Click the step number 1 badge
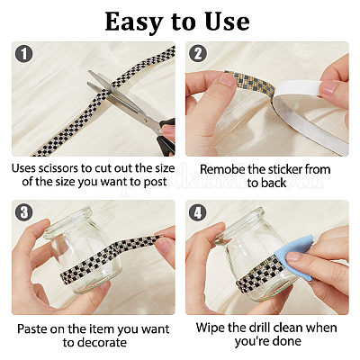click(24, 54)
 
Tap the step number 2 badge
click(198, 54)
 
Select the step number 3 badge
click(24, 212)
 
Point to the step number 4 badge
click(198, 212)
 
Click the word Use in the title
click(227, 22)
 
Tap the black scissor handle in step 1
click(166, 138)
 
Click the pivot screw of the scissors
click(146, 119)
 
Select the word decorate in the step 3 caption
click(103, 343)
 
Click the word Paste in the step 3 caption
click(32, 329)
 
